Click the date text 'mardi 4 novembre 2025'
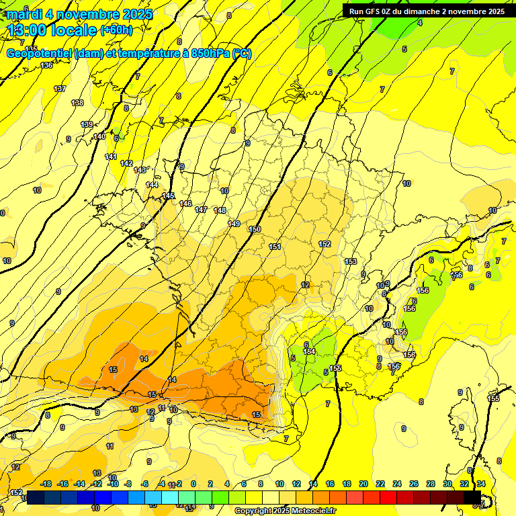point(79,14)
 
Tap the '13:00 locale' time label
point(52,30)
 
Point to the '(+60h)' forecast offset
point(116,30)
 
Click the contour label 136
point(46,65)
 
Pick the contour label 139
point(87,124)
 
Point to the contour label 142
point(126,163)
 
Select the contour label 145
point(169,196)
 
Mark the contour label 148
point(220,210)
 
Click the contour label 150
point(255,229)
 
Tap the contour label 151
point(275,247)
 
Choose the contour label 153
point(351,261)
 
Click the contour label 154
point(309,351)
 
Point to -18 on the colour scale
point(46,484)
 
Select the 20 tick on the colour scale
point(363,484)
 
